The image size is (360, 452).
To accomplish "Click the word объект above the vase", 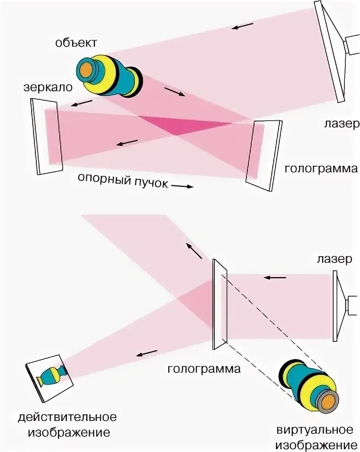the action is [76, 43].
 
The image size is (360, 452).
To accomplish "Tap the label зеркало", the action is [47, 88].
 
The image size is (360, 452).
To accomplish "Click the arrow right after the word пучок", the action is [182, 186].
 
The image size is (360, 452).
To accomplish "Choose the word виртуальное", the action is [314, 430].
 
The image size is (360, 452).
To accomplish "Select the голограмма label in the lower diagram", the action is [204, 369].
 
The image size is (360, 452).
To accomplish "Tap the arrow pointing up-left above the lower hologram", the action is [193, 251].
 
